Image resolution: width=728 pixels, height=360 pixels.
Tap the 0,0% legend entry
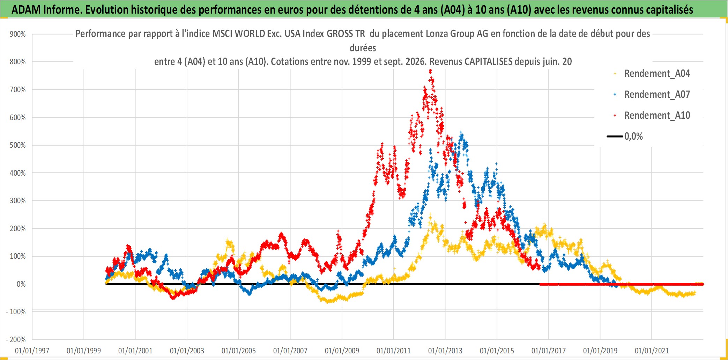point(625,136)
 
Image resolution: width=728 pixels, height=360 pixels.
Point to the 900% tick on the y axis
point(18,34)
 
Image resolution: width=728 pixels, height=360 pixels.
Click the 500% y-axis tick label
point(18,145)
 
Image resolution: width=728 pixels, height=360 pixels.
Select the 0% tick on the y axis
point(21,284)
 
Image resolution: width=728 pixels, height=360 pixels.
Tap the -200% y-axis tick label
point(16,340)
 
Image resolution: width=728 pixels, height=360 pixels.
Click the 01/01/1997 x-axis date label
point(32,351)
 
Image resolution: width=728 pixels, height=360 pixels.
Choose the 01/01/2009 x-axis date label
point(342,351)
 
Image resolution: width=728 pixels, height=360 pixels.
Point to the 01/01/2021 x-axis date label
point(652,351)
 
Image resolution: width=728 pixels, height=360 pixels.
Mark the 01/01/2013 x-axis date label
point(445,351)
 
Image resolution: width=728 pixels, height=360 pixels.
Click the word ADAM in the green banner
point(26,10)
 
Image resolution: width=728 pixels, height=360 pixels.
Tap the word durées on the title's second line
point(363,48)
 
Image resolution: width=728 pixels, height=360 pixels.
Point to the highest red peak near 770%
point(430,71)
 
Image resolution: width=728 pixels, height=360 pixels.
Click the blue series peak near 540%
point(461,133)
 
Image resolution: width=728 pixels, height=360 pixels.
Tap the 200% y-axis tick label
point(18,229)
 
